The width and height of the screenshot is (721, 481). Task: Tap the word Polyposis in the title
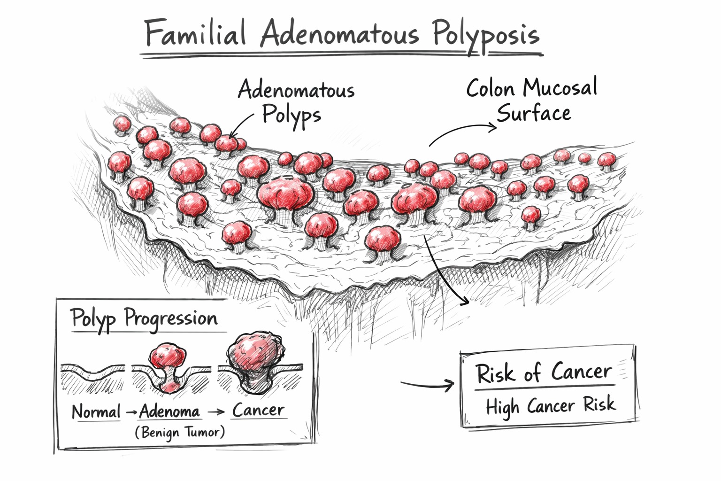coord(485,35)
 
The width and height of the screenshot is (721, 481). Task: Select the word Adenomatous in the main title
coord(339,34)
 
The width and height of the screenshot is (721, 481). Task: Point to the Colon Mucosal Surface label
coord(532,100)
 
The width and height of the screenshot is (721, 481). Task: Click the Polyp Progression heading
coord(144,319)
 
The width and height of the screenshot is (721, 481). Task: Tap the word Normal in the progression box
coord(96,412)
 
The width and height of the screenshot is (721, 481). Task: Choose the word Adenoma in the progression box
coord(169,411)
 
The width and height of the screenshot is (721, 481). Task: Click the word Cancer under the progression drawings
coord(258,410)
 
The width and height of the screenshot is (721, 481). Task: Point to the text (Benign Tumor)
coord(180,432)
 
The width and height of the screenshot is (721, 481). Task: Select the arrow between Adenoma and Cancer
coord(216,411)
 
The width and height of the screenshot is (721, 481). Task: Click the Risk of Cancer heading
coord(543,373)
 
